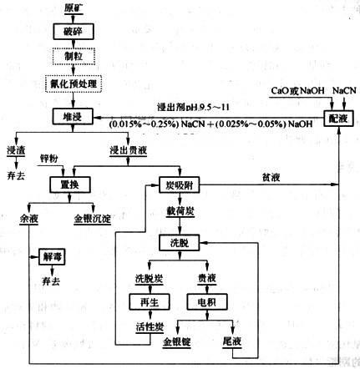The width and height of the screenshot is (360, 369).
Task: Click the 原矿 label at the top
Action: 73,8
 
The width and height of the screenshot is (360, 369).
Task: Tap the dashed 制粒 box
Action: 72,57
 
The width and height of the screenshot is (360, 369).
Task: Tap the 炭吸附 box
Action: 175,184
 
